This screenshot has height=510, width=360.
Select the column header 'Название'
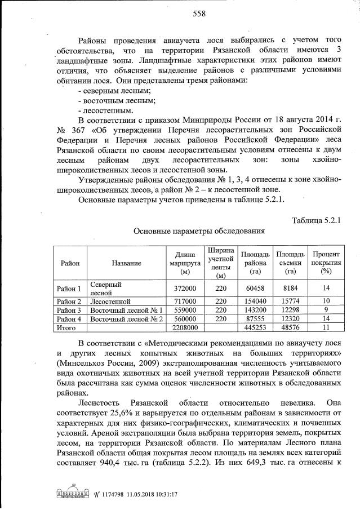coord(126,263)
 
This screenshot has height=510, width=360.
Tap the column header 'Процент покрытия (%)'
coord(325,263)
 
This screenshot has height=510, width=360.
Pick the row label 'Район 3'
coord(69,310)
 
